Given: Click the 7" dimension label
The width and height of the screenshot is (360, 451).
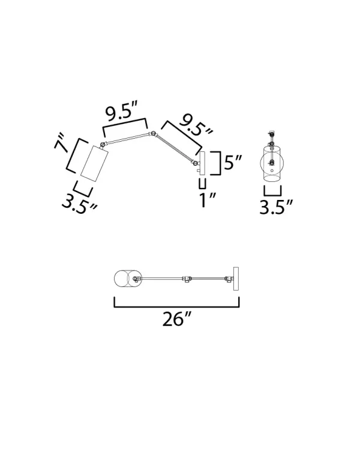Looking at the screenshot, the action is coord(61,142).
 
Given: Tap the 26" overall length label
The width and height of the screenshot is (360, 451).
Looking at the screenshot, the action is coord(176,319).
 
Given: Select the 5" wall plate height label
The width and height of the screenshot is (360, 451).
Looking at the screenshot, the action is coord(233,163).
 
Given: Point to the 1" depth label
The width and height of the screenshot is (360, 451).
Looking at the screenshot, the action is coord(208,200).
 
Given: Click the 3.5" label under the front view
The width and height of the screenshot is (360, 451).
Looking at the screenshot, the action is coord(276,207).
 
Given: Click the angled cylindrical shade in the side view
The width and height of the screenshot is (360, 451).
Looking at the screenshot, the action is coord(94,164).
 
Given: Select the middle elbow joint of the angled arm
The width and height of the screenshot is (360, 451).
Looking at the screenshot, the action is coord(154,133).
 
